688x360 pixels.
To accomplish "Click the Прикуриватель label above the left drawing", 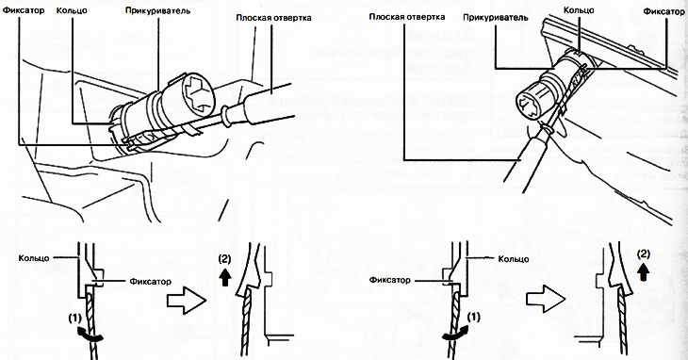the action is pyautogui.click(x=157, y=10).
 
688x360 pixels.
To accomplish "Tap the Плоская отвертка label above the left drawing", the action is pyautogui.click(x=274, y=18).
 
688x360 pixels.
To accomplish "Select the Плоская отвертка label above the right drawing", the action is pyautogui.click(x=407, y=17).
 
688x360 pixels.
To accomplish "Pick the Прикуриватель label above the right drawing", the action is pyautogui.click(x=496, y=18).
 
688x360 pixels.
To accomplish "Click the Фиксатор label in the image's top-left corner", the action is pyautogui.click(x=24, y=9).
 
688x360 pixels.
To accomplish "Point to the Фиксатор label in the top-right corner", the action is pyautogui.click(x=663, y=11).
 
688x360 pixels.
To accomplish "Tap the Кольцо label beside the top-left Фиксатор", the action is pyautogui.click(x=72, y=9).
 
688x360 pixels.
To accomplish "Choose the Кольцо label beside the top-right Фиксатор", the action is pyautogui.click(x=579, y=9).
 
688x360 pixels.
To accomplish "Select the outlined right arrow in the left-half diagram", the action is pyautogui.click(x=187, y=301).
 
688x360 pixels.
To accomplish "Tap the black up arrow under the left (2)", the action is pyautogui.click(x=225, y=278).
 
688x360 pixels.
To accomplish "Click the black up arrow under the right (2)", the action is pyautogui.click(x=644, y=272).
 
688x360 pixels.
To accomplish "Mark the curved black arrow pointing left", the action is pyautogui.click(x=455, y=335).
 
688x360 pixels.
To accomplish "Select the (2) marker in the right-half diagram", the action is pyautogui.click(x=644, y=254).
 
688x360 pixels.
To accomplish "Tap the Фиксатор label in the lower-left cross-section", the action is pyautogui.click(x=150, y=281).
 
